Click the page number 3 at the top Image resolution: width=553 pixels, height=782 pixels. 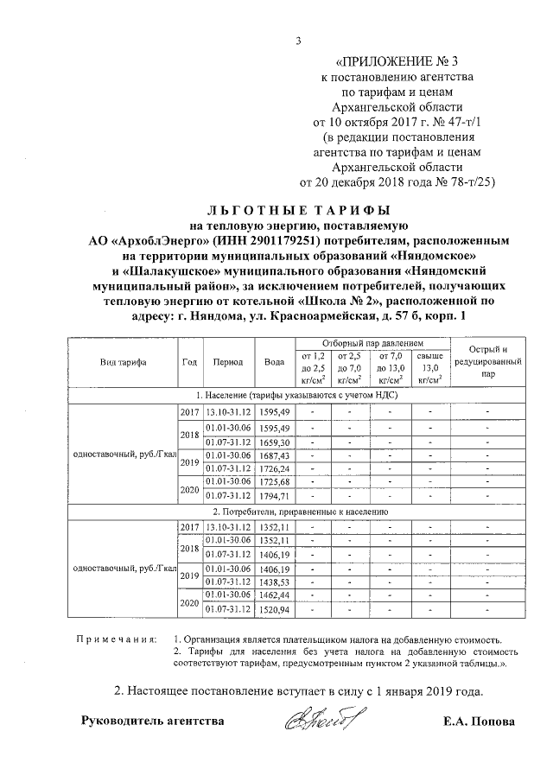tap(298, 40)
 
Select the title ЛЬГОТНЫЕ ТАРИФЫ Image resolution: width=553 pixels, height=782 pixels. tap(298, 209)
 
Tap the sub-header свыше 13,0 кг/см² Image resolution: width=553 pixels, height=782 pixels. tap(429, 367)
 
